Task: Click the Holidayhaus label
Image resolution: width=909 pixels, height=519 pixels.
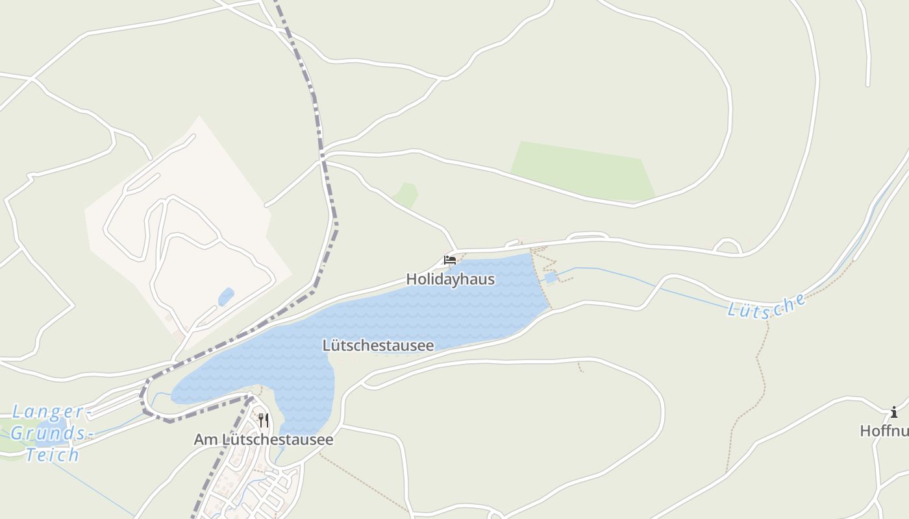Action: [x=450, y=280]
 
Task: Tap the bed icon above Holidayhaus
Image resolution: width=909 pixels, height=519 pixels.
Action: [x=449, y=259]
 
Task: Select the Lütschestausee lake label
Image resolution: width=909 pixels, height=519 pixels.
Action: [x=378, y=346]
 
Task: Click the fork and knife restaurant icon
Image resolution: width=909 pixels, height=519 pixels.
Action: [x=263, y=420]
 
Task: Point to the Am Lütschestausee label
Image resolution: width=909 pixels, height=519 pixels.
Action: [x=264, y=440]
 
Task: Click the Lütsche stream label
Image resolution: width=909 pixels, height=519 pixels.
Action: [x=766, y=307]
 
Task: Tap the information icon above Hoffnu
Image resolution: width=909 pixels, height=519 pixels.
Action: [x=894, y=412]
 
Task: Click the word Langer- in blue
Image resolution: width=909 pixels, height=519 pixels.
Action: [x=48, y=411]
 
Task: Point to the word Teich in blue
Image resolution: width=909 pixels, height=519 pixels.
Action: [x=53, y=455]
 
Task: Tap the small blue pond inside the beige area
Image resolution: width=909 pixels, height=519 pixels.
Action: [x=226, y=296]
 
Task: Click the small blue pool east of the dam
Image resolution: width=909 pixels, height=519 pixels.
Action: [x=551, y=278]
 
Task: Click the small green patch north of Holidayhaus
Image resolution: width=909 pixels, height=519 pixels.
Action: [x=405, y=195]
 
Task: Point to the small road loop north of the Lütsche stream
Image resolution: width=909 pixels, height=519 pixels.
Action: [x=727, y=246]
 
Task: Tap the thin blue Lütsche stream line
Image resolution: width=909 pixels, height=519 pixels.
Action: [x=649, y=283]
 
